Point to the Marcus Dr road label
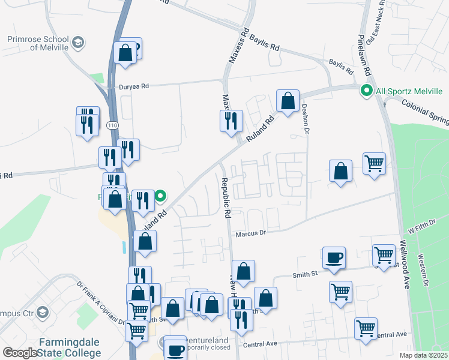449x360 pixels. point(250,233)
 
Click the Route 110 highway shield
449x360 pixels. point(112,125)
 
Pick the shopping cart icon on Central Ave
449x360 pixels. point(366,328)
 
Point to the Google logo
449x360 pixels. point(19,353)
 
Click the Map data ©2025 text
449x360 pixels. point(423,355)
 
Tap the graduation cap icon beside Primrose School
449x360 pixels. point(77,43)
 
